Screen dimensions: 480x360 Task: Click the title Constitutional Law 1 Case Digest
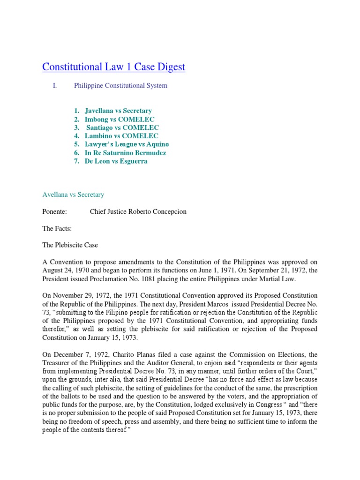point(113,67)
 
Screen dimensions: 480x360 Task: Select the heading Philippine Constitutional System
point(120,86)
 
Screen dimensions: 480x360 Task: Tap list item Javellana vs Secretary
point(118,111)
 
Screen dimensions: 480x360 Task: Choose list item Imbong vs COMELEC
point(119,120)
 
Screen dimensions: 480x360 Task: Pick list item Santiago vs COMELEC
point(122,128)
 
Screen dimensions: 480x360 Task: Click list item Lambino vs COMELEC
point(121,136)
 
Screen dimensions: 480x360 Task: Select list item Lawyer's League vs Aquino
point(127,144)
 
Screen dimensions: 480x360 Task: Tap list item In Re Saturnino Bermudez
point(125,153)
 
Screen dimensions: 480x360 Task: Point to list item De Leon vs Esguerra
point(116,161)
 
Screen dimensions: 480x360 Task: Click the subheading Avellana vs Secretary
point(73,195)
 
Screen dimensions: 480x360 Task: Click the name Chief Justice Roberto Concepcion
point(138,211)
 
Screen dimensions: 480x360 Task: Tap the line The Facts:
point(57,228)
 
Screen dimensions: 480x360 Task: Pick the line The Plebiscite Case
point(70,245)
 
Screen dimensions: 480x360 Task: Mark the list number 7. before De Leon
point(76,161)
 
